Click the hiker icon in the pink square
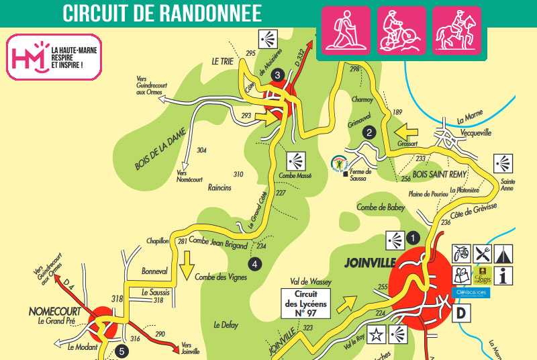pos(346,31)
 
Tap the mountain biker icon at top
pos(401,31)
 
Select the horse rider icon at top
pos(456,31)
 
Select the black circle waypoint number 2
pos(369,132)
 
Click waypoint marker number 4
pos(254,264)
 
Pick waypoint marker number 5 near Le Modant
pos(121,350)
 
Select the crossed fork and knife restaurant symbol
pos(482,253)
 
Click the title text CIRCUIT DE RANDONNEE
pos(162,12)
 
